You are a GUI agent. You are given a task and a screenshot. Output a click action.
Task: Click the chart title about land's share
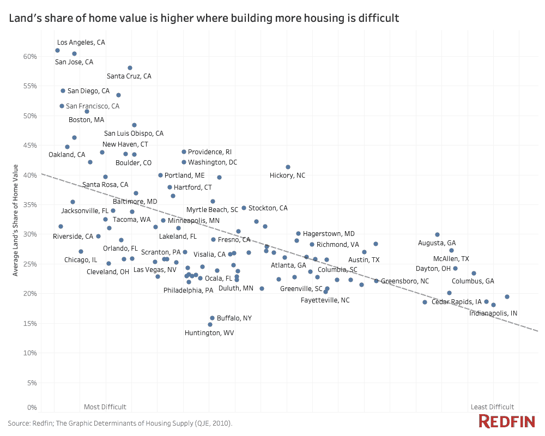click(204, 19)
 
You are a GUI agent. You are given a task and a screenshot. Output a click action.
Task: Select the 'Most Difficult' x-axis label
click(105, 407)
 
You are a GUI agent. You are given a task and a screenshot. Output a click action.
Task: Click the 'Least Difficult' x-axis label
click(492, 407)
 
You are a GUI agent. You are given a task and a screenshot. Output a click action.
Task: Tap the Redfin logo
click(507, 421)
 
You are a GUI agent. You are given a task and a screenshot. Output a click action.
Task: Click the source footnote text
click(120, 423)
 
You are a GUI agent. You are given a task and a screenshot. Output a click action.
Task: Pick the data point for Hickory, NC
click(288, 167)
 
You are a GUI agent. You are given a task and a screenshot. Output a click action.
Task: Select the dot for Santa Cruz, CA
click(130, 68)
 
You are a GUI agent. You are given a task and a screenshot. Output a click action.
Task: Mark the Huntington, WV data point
click(210, 324)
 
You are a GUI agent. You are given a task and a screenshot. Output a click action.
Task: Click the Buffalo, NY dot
click(212, 318)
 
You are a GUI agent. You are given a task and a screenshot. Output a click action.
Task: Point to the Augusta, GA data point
click(437, 234)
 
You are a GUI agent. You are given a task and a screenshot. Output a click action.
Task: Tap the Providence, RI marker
click(184, 152)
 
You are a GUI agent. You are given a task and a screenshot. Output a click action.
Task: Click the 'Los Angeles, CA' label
click(81, 42)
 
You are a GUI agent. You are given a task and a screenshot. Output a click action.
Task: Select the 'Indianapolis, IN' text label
click(493, 313)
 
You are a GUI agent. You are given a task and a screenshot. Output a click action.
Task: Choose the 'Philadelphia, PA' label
click(188, 290)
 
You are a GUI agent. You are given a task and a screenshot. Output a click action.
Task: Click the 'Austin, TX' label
click(364, 260)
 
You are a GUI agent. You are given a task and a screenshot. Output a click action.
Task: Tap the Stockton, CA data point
click(244, 208)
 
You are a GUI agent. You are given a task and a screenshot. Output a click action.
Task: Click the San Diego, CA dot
click(63, 91)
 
